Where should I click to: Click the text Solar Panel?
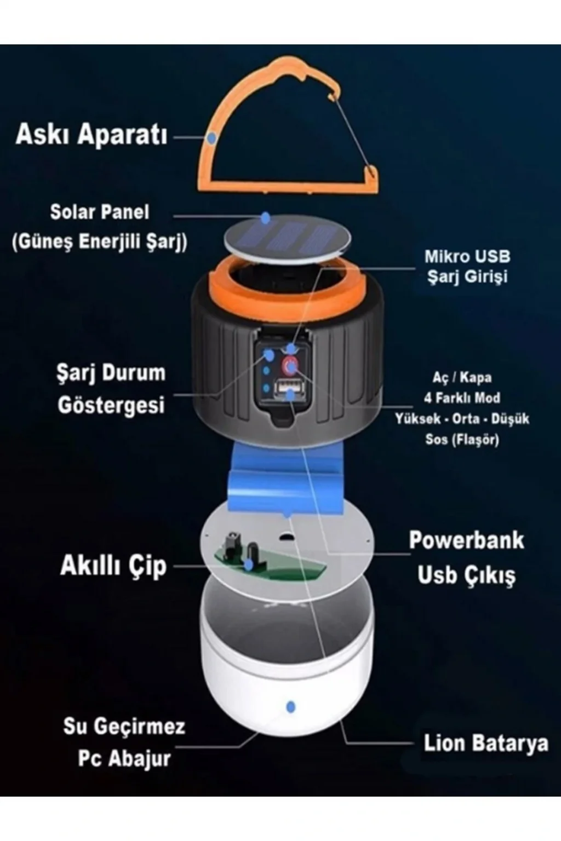100,212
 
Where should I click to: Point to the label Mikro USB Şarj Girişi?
467,267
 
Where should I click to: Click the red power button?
290,365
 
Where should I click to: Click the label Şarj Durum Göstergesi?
111,389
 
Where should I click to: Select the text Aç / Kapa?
462,377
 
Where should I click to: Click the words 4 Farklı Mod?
462,398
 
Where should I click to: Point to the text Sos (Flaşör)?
462,439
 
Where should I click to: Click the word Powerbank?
466,540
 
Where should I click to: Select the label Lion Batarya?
486,743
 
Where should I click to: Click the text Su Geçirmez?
124,726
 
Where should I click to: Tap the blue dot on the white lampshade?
290,707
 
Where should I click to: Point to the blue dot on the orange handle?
212,138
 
